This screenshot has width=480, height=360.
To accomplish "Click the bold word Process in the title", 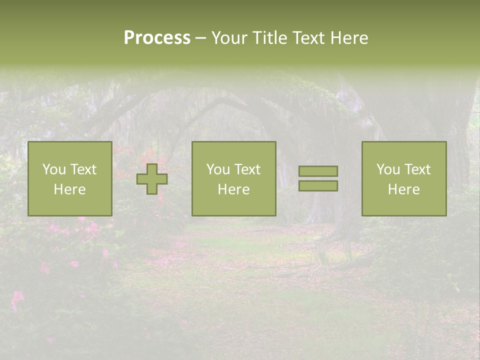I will tap(157, 38).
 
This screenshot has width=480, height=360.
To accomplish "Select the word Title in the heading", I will tap(270, 38).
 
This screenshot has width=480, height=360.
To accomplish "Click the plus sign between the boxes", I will tap(152, 179).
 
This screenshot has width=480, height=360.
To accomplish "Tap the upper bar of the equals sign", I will tap(318, 171).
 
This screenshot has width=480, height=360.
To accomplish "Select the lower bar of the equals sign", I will tap(318, 185).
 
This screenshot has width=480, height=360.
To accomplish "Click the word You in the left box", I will tap(54, 169).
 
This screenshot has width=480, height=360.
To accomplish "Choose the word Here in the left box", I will tap(69, 189).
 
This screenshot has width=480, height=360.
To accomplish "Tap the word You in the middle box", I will tap(218, 169).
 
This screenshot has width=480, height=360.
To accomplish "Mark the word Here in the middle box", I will tap(233, 189).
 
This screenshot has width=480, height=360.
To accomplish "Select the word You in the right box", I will tap(388, 169).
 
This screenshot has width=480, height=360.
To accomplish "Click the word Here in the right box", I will tap(403, 189).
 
